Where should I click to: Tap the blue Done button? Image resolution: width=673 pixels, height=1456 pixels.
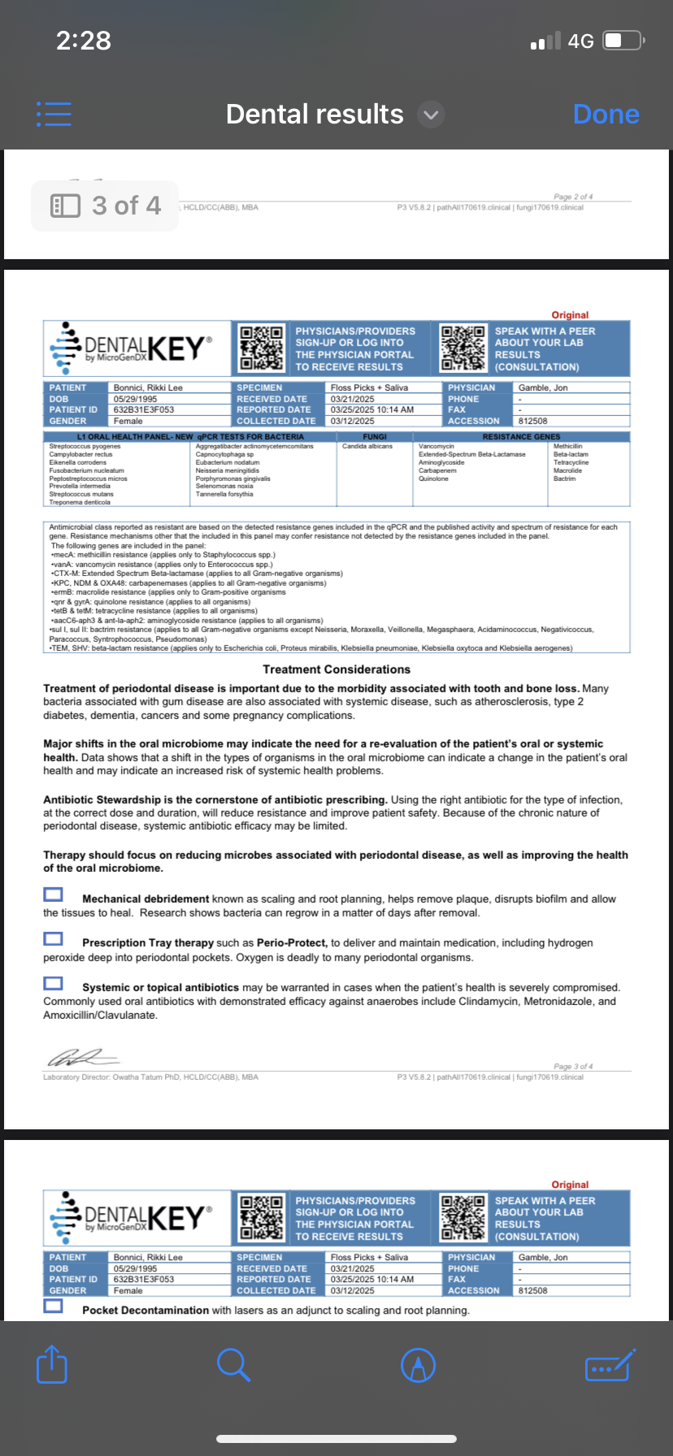click(x=606, y=115)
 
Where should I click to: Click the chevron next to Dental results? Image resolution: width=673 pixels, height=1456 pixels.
click(x=431, y=115)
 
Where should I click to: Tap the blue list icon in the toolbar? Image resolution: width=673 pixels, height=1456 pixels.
click(x=54, y=114)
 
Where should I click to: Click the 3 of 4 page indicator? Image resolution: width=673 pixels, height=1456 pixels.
click(x=105, y=206)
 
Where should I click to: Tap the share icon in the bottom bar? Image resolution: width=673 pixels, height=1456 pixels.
click(x=52, y=1364)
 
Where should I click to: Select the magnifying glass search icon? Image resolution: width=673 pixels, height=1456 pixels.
click(x=233, y=1364)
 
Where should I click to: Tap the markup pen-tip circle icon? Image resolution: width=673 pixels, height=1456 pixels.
click(x=419, y=1365)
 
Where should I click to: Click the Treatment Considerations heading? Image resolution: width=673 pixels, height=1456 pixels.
click(x=336, y=669)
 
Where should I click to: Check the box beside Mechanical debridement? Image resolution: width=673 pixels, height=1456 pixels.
click(x=53, y=895)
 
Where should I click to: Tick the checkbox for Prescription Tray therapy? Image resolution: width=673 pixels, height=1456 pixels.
click(x=53, y=939)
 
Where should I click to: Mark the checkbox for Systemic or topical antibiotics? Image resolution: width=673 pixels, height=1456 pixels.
click(x=53, y=983)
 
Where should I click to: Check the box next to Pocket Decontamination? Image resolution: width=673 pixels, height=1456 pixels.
click(x=53, y=1306)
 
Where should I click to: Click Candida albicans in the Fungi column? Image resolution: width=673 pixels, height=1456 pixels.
click(x=367, y=446)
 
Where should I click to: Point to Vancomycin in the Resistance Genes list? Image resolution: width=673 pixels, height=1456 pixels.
click(x=436, y=446)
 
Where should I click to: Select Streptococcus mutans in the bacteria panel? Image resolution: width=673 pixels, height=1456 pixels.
click(x=81, y=494)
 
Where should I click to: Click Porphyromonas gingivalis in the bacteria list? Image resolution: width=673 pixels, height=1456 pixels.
click(x=233, y=479)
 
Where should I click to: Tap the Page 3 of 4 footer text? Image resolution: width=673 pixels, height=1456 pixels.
click(x=573, y=1066)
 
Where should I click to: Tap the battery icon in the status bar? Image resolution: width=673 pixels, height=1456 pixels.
click(x=623, y=41)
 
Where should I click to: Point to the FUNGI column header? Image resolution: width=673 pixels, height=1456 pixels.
click(x=375, y=436)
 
